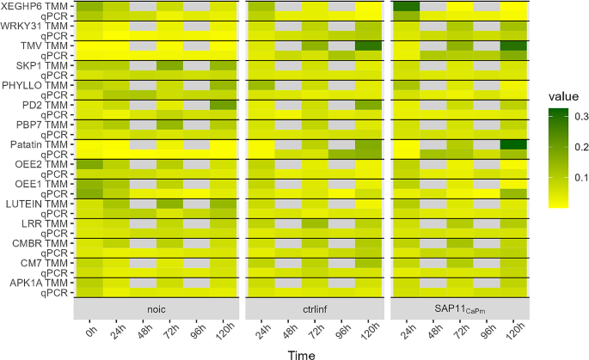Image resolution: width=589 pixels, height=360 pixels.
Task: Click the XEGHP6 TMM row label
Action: click(x=35, y=6)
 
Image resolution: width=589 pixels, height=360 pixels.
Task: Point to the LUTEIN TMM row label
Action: click(x=37, y=204)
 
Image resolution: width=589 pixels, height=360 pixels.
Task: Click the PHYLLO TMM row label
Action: click(x=37, y=85)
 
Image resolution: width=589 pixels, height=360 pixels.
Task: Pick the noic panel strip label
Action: click(x=156, y=306)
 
